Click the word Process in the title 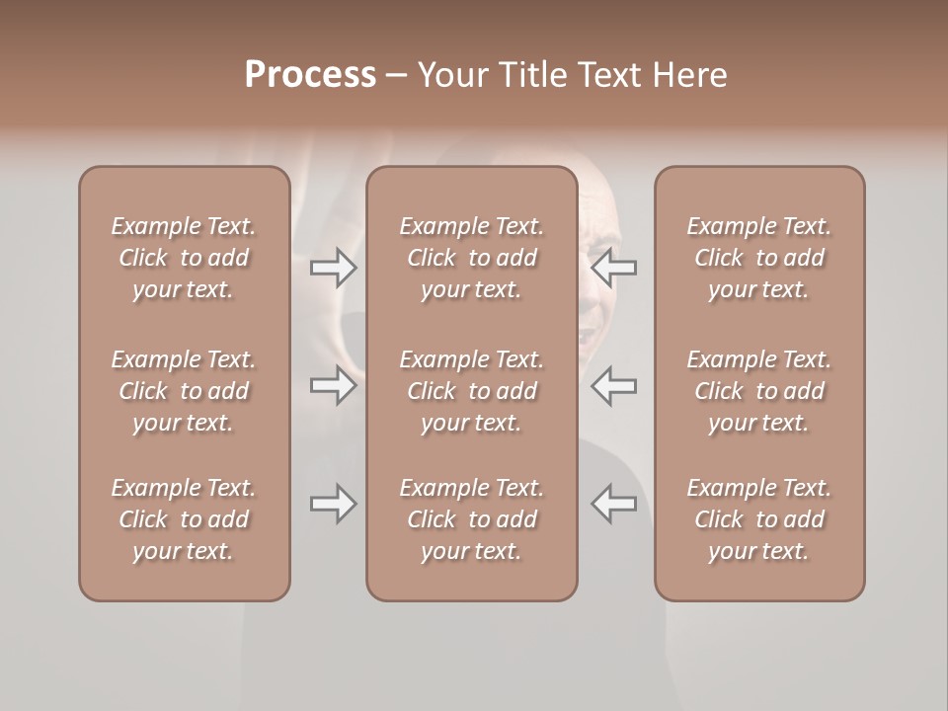310,75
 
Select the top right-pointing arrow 333,268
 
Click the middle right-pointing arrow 333,385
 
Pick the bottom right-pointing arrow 333,505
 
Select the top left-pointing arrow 614,268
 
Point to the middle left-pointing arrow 614,385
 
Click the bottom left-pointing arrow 614,505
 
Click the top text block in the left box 184,258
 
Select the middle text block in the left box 184,391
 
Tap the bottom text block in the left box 184,519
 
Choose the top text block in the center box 472,258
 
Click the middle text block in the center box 472,391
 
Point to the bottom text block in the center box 472,519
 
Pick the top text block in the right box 759,258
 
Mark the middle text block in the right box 759,391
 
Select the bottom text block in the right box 759,519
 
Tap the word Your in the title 450,75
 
